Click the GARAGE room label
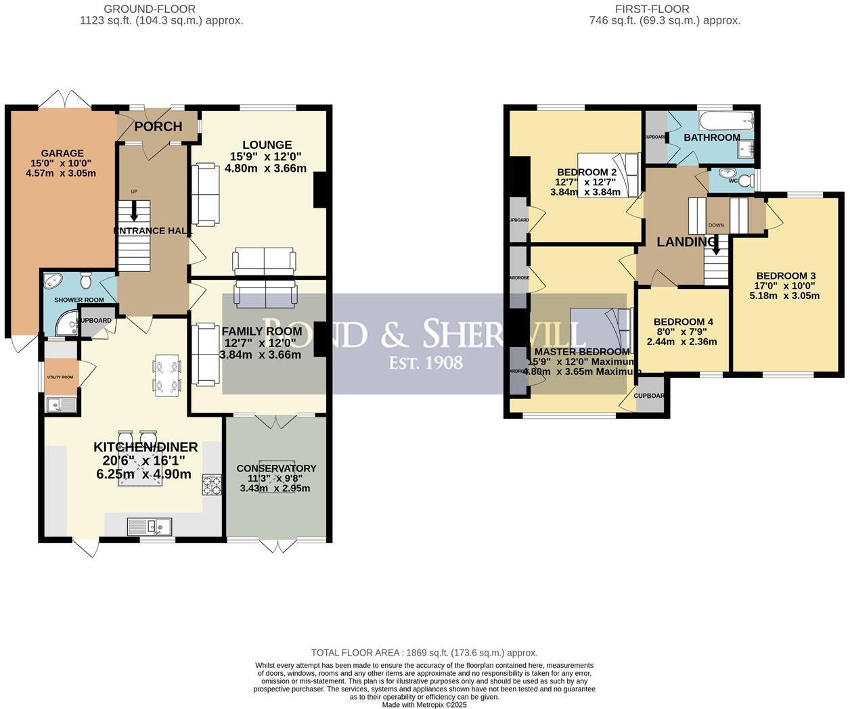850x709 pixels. (62, 154)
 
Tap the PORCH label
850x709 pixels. (158, 127)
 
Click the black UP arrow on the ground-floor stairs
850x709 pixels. (134, 212)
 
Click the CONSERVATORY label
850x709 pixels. (276, 468)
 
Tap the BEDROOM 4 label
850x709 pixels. (683, 322)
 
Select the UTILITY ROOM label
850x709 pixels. (60, 377)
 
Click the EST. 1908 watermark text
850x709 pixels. (426, 363)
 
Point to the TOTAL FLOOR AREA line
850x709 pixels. (424, 653)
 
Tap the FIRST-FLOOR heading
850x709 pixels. (652, 9)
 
